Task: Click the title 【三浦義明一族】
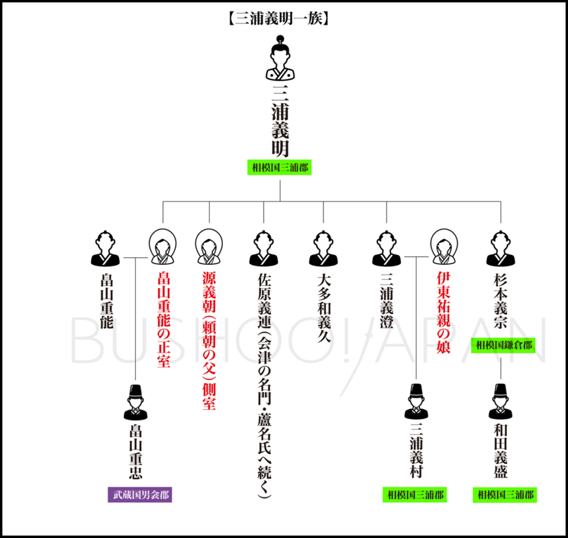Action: point(280,18)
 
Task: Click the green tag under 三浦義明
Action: point(280,167)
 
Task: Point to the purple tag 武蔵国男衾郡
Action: point(140,495)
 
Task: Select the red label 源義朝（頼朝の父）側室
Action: point(209,341)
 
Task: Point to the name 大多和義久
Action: point(323,308)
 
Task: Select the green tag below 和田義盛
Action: point(505,495)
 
